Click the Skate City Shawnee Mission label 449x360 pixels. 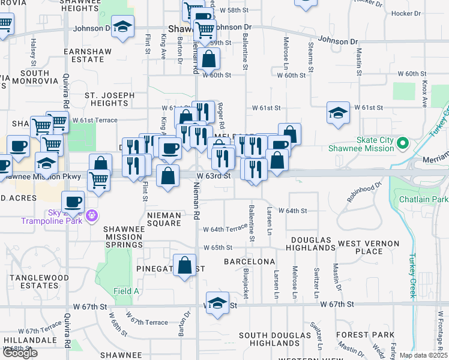click(x=367, y=145)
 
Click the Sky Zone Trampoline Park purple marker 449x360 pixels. click(x=91, y=215)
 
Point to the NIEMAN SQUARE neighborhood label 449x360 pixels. click(x=164, y=219)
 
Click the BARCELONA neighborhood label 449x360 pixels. click(x=250, y=262)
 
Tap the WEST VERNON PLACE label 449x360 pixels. click(x=369, y=247)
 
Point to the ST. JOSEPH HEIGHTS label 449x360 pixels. click(x=106, y=99)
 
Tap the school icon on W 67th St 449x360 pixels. click(x=217, y=303)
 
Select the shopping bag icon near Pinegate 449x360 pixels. click(x=184, y=265)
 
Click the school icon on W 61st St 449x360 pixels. click(x=338, y=112)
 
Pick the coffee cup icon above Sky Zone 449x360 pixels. click(x=74, y=202)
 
